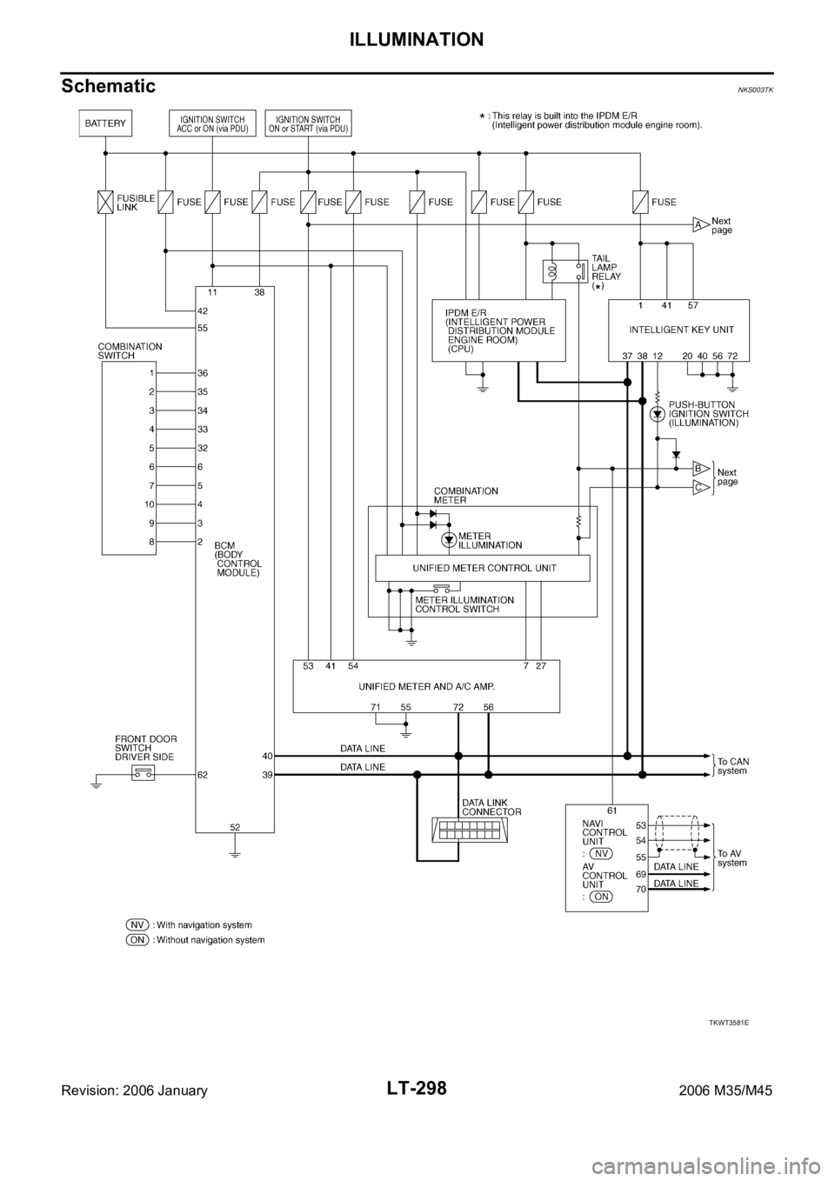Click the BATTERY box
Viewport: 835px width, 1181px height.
106,123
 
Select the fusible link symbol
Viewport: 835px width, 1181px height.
106,202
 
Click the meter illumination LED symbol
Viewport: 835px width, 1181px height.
449,540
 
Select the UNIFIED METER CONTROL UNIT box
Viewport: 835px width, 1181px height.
482,569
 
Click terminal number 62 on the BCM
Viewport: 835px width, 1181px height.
203,773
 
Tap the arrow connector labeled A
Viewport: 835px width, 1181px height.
698,224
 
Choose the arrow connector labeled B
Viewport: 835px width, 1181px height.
698,467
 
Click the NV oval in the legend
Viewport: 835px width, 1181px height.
137,924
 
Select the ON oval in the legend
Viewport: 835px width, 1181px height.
137,940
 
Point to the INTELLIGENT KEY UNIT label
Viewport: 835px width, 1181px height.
678,330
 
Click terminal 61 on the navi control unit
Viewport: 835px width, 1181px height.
612,810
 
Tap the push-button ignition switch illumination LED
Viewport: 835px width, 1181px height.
658,414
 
